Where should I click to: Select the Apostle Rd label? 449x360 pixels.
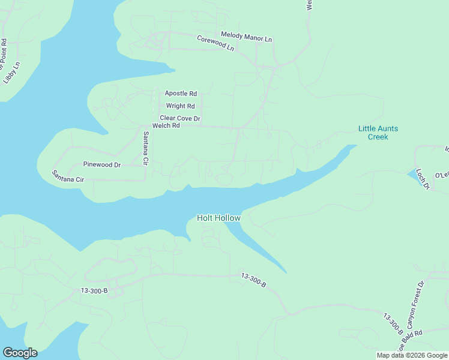181,94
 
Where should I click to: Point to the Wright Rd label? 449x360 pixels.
181,106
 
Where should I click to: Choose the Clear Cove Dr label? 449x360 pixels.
179,119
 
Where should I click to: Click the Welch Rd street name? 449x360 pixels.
166,126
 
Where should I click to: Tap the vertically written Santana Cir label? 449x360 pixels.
145,149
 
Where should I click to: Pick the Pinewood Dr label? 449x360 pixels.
102,164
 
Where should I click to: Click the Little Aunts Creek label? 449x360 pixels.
378,133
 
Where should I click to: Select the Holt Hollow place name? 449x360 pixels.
219,218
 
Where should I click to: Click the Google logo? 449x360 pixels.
20,353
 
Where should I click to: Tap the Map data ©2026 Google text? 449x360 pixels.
412,355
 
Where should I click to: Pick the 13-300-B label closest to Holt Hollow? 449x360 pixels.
253,278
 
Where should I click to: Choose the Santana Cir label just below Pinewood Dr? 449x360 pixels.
68,176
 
